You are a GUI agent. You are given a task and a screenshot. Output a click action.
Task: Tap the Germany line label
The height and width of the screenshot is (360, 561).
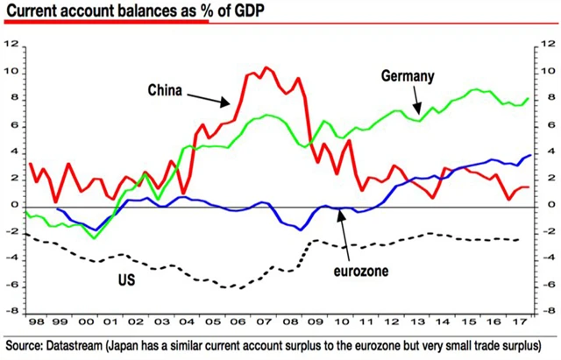(x=408, y=76)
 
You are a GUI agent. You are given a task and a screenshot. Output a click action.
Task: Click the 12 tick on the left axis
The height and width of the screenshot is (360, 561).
(x=11, y=44)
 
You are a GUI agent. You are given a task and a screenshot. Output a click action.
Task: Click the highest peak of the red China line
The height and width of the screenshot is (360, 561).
(x=266, y=67)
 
